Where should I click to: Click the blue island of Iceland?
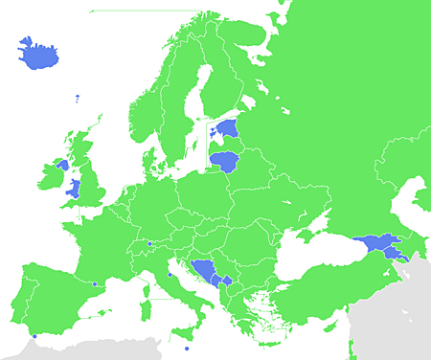(36, 53)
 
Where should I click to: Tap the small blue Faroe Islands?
(77, 97)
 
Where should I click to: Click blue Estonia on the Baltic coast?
(228, 127)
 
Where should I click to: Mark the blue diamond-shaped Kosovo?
(226, 281)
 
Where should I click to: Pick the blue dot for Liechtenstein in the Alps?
(150, 244)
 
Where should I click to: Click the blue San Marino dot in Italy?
(170, 275)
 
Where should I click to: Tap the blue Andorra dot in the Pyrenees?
(94, 283)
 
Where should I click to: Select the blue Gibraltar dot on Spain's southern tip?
(34, 336)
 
